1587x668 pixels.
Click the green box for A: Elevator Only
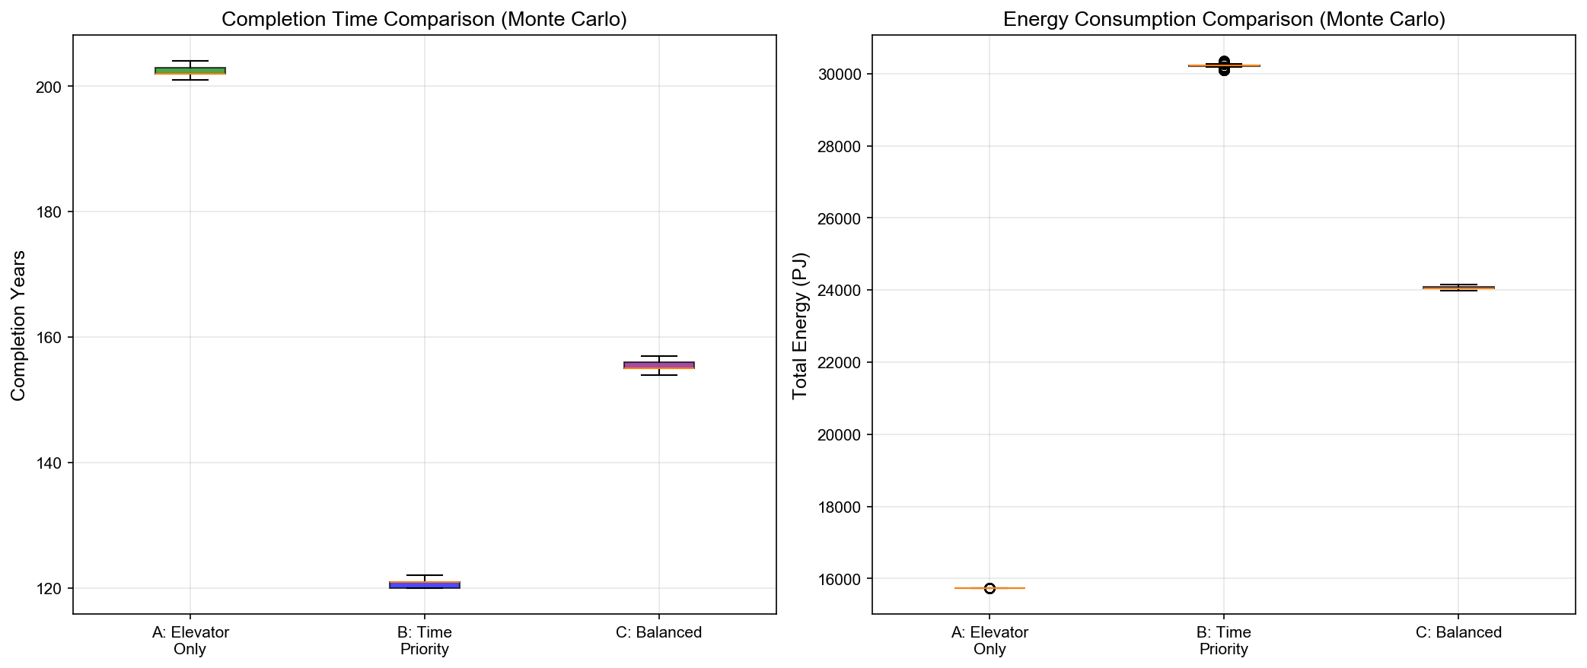[x=190, y=71]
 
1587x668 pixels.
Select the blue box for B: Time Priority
[x=424, y=585]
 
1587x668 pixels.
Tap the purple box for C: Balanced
[x=658, y=365]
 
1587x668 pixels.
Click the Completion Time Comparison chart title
[x=424, y=19]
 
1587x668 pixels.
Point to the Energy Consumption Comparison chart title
[x=1223, y=19]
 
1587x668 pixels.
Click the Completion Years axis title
[x=18, y=325]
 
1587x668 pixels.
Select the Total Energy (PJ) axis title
[x=799, y=325]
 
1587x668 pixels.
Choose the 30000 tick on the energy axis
[x=842, y=74]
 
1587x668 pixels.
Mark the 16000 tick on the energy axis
[x=842, y=579]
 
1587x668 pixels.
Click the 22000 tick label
[x=842, y=363]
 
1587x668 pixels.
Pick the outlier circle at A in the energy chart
[x=989, y=588]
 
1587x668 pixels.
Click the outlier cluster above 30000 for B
[x=1223, y=61]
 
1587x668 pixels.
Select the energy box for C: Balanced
[x=1458, y=288]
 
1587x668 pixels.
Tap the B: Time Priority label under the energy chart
[x=1223, y=641]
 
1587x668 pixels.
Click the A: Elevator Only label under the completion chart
[x=190, y=641]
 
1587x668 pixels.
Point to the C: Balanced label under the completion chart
[x=658, y=632]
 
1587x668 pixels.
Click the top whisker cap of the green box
[x=190, y=61]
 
